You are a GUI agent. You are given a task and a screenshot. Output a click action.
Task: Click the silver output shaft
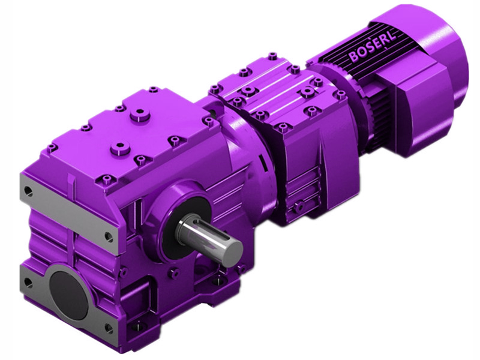(x=216, y=238)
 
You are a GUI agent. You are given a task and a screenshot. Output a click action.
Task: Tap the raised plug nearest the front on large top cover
(x=122, y=146)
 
